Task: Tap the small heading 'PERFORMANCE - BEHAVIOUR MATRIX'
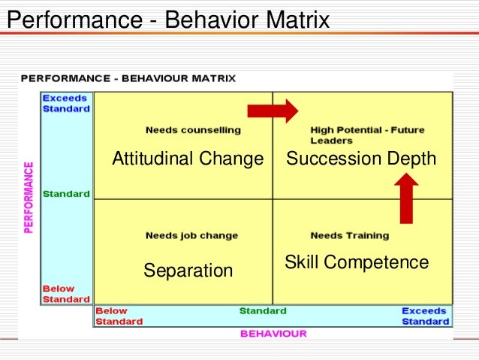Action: (128, 78)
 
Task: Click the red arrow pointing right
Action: (273, 111)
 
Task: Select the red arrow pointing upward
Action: (406, 198)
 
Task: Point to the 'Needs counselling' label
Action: (193, 130)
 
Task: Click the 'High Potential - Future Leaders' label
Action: (367, 135)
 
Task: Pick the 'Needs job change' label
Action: (191, 235)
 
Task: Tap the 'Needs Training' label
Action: (350, 235)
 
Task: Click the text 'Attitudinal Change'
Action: (188, 159)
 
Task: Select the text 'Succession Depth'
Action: (361, 159)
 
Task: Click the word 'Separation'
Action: (188, 270)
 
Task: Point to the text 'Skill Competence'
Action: (357, 262)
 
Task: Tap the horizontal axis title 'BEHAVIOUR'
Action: (273, 334)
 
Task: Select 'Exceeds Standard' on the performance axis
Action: (66, 103)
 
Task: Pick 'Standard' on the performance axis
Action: (66, 194)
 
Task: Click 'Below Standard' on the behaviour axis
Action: (118, 316)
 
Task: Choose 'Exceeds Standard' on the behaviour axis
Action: (425, 316)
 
